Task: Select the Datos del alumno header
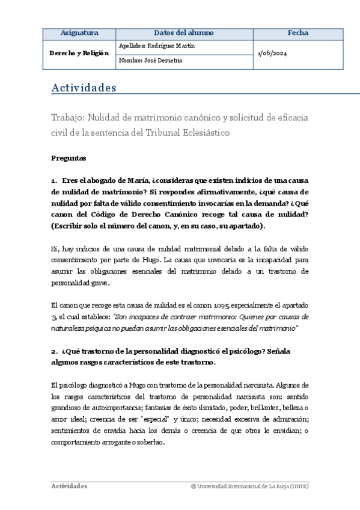click(183, 33)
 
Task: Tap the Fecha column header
click(297, 33)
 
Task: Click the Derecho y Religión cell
click(79, 53)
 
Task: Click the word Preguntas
click(69, 159)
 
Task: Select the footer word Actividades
click(69, 485)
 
